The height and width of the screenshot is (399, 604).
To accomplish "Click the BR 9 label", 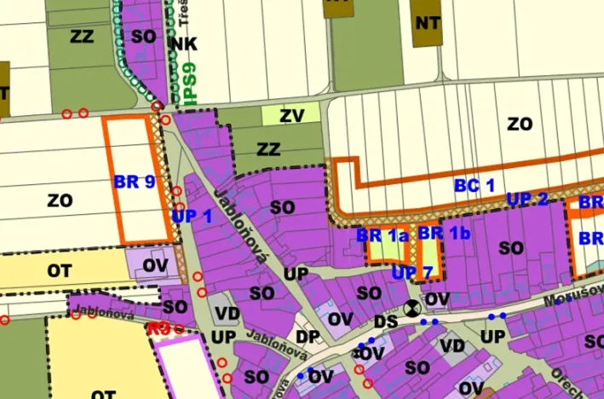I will click(134, 182).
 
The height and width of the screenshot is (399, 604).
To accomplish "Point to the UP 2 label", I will click(527, 199).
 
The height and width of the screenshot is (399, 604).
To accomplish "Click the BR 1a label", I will click(383, 234).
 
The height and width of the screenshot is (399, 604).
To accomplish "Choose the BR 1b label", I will click(444, 233).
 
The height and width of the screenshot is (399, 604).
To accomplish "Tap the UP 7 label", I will click(413, 273).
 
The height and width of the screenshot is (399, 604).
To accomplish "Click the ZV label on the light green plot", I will click(291, 113).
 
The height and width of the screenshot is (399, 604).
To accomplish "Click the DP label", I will click(308, 337).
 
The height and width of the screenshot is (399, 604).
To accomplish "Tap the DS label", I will click(386, 321).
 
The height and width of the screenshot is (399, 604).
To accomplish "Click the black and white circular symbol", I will click(412, 309).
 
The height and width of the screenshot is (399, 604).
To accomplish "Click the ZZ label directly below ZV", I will click(268, 150).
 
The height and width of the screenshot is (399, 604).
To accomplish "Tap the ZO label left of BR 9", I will click(60, 201).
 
